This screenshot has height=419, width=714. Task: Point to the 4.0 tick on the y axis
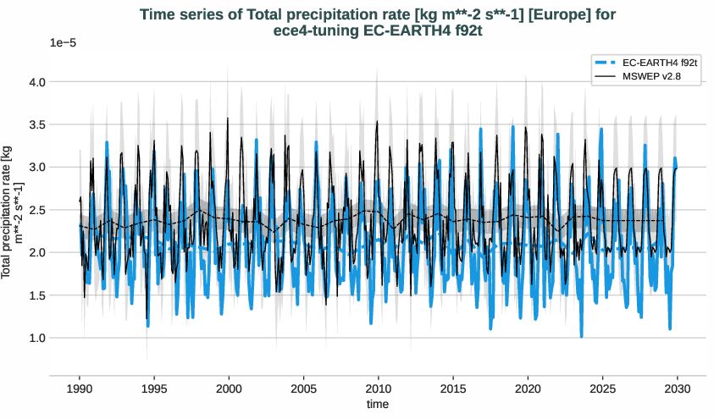pos(37,82)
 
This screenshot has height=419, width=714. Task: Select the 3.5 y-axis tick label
pos(37,124)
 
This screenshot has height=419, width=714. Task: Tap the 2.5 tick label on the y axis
pos(37,210)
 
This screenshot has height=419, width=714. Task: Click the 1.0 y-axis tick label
pos(37,338)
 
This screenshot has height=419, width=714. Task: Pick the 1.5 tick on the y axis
pos(37,295)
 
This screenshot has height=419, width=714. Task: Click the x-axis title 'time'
pos(378,405)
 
